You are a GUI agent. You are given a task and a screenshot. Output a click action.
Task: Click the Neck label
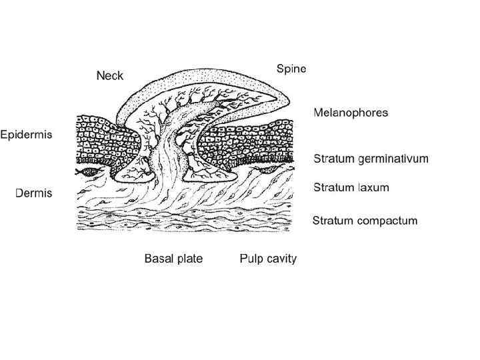(x=109, y=76)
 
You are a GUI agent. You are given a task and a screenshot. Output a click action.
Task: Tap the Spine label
(x=291, y=69)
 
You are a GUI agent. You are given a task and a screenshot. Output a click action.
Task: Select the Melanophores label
(x=351, y=113)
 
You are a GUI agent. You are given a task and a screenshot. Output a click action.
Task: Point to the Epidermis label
(x=26, y=134)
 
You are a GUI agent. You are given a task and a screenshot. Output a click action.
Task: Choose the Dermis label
(x=34, y=193)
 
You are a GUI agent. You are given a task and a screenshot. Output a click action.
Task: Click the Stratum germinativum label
(x=371, y=159)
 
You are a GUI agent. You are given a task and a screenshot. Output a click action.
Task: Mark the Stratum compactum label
(x=365, y=221)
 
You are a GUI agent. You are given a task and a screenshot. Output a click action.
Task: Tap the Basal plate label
(x=173, y=258)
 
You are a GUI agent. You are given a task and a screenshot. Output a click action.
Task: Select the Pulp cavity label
(x=268, y=258)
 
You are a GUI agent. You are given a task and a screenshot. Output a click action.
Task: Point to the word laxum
(x=371, y=188)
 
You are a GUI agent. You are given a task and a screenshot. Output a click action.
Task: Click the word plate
(x=189, y=258)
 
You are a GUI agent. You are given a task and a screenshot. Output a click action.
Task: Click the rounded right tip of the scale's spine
(x=285, y=99)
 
